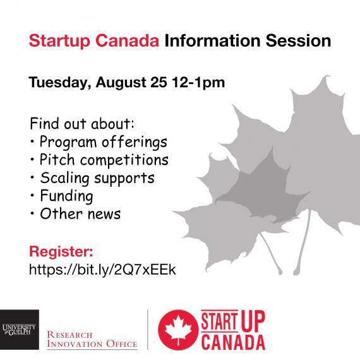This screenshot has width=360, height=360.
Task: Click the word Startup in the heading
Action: [59, 41]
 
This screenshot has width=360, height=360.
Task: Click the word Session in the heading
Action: [298, 41]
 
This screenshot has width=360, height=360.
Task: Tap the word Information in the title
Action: [212, 41]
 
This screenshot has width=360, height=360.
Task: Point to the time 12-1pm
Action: [198, 83]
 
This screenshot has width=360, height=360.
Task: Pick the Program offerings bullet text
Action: [104, 142]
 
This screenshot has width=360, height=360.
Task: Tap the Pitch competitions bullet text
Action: [104, 160]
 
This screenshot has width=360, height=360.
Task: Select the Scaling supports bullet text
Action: [97, 178]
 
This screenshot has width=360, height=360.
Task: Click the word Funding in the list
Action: [66, 196]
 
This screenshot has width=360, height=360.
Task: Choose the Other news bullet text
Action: [80, 213]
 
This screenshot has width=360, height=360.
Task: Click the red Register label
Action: [61, 251]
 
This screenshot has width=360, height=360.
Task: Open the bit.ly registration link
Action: [102, 269]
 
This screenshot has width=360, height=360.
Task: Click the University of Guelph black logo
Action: [20, 330]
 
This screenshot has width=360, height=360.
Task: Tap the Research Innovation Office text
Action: [92, 339]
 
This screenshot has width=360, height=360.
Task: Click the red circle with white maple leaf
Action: [178, 330]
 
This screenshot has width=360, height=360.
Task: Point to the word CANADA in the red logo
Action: [233, 342]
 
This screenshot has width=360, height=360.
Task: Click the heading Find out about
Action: [82, 124]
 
